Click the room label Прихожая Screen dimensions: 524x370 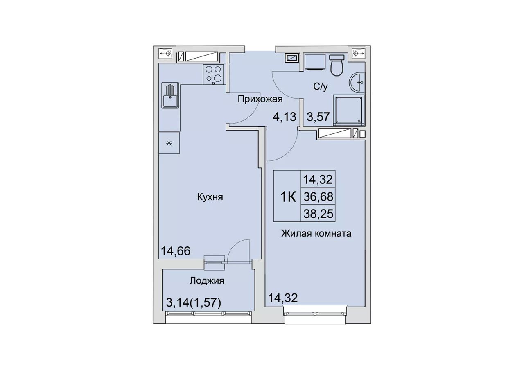(260, 99)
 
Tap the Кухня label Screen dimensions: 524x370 (210, 197)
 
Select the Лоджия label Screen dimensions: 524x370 (207, 281)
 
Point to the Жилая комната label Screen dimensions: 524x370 (316, 233)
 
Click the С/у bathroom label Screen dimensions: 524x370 (321, 87)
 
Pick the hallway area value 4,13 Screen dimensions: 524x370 (285, 117)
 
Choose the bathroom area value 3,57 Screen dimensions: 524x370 (318, 117)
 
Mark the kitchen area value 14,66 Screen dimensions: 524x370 (176, 251)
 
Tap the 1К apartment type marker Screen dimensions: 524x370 (288, 197)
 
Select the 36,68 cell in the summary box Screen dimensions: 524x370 (318, 197)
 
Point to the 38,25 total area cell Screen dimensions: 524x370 (318, 214)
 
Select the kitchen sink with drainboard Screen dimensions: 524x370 (170, 95)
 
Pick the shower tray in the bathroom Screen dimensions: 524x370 (349, 110)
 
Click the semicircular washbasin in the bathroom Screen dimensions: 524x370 (357, 82)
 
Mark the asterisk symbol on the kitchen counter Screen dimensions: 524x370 (169, 143)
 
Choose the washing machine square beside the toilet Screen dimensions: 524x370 (315, 62)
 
